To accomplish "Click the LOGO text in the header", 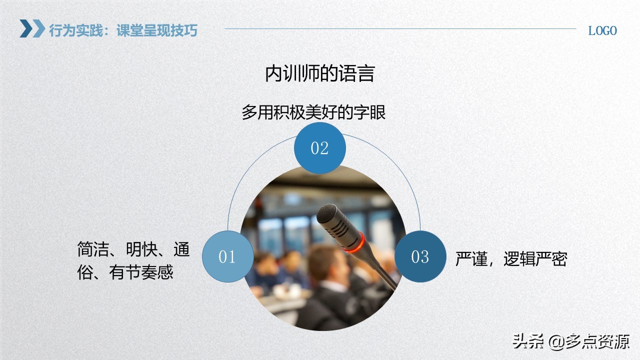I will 602,30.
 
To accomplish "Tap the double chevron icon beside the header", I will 32,29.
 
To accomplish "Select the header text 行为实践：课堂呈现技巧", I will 123,30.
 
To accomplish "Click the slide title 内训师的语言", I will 319,74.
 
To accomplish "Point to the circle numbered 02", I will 319,148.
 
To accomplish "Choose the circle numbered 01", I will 227,256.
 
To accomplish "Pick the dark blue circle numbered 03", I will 420,256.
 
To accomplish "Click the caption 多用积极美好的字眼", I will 313,112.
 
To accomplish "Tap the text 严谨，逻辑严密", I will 510,259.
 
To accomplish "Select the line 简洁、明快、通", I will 133,249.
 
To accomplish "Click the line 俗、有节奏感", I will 125,272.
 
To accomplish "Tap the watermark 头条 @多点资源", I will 570,341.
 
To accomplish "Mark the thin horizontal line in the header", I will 400,28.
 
